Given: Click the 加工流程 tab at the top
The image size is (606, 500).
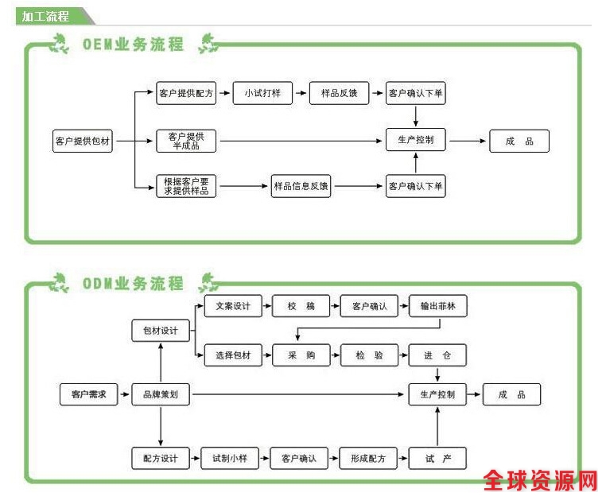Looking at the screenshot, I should pyautogui.click(x=46, y=16).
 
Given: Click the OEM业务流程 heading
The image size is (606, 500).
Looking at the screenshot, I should pyautogui.click(x=133, y=45).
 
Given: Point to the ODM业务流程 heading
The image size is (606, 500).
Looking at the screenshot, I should pyautogui.click(x=133, y=284).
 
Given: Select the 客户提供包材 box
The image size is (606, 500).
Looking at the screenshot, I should pyautogui.click(x=83, y=141).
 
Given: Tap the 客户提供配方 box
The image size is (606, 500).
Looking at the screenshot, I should pyautogui.click(x=186, y=94).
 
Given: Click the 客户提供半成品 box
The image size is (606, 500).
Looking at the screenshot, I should pyautogui.click(x=186, y=141).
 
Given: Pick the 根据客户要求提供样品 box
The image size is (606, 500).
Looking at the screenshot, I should pyautogui.click(x=186, y=187).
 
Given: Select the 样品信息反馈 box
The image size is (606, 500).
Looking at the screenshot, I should pyautogui.click(x=301, y=187).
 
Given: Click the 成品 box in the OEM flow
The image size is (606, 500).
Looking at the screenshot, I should pyautogui.click(x=519, y=141).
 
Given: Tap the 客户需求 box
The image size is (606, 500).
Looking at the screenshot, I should pyautogui.click(x=88, y=394).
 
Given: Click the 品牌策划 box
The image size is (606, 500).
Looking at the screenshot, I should pyautogui.click(x=161, y=394).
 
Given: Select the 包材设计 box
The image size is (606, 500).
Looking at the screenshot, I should pyautogui.click(x=161, y=331).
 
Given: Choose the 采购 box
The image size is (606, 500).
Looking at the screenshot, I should pyautogui.click(x=300, y=355).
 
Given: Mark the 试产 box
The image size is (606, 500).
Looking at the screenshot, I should pyautogui.click(x=437, y=459).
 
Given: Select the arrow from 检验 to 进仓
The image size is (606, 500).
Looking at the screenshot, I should pyautogui.click(x=398, y=355).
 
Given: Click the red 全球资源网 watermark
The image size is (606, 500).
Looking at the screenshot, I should pyautogui.click(x=540, y=479).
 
